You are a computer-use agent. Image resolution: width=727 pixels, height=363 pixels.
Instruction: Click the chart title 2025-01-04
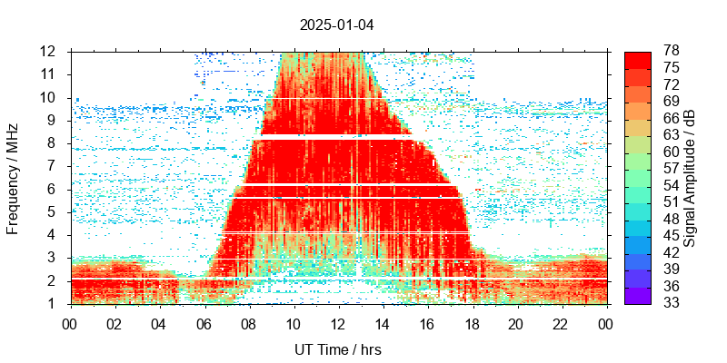(x=336, y=25)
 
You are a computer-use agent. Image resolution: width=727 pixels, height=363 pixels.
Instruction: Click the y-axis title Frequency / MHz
(x=13, y=177)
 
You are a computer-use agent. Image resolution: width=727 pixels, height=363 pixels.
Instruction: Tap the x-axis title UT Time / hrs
(x=338, y=349)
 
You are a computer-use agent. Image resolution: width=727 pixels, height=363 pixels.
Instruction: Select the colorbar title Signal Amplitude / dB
(x=690, y=178)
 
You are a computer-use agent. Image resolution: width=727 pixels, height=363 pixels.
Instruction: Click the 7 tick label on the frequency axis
(x=55, y=166)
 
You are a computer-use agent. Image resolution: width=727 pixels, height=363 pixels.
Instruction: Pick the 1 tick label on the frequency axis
(x=55, y=303)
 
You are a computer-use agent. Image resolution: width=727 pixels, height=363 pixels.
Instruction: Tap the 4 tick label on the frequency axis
(x=55, y=235)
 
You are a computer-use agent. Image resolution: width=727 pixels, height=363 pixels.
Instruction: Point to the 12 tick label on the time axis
(x=338, y=323)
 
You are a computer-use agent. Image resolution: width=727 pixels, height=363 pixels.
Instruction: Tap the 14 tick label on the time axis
(x=383, y=323)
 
